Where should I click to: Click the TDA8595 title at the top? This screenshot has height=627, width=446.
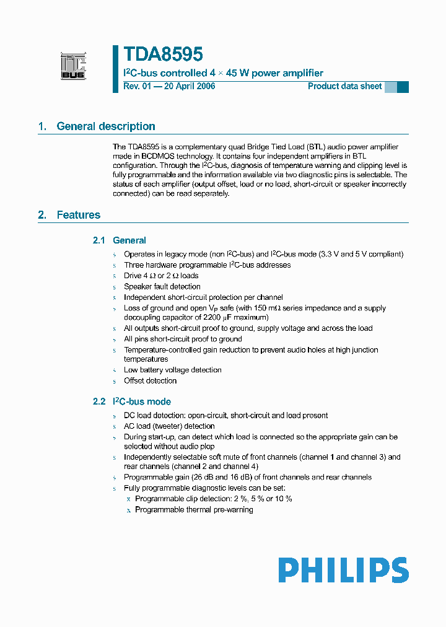coord(163,55)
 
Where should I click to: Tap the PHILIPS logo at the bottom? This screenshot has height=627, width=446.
coord(343,570)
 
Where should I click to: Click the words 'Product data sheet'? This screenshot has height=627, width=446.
coord(344,86)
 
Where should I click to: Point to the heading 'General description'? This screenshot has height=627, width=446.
coord(105,126)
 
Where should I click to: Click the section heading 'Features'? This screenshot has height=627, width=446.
coord(78,215)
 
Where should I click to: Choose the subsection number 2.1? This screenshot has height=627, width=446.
coord(99,240)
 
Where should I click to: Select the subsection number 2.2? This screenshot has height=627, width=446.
coord(99,401)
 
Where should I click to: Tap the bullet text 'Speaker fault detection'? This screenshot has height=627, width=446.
coord(162,286)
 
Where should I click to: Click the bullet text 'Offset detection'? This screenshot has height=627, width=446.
coord(151,380)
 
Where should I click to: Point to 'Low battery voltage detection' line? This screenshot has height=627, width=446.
coord(173,370)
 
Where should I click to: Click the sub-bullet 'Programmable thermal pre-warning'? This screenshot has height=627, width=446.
coord(194,509)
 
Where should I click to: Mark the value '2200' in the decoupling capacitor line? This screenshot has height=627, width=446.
coord(187,318)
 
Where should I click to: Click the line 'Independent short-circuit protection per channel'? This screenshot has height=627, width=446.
coord(203,297)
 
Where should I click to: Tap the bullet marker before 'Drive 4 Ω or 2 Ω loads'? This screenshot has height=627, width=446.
coord(115,276)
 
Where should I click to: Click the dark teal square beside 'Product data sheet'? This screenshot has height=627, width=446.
coord(403,87)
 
